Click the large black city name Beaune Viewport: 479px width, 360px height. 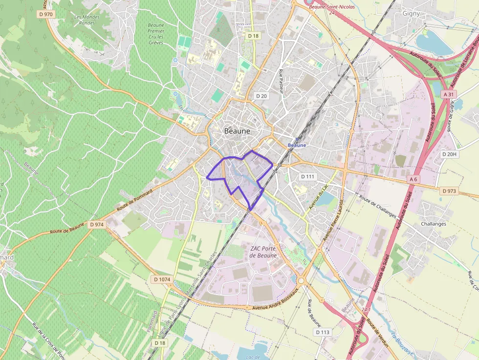coord(237,131)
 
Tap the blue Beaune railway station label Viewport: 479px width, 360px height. coord(297,146)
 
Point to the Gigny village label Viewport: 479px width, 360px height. coord(411,13)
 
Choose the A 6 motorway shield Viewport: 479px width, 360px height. coord(414,179)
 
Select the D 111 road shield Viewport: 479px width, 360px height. coord(308,176)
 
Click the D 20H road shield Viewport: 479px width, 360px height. coord(449,154)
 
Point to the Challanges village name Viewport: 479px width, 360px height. coord(434,224)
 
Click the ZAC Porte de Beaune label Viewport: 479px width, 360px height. coord(263,252)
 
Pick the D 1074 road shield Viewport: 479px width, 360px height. coord(162,279)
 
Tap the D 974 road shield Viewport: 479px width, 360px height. coord(97,224)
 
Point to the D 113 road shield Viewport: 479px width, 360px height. coord(323,332)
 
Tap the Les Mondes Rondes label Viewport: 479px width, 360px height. coord(87,20)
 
